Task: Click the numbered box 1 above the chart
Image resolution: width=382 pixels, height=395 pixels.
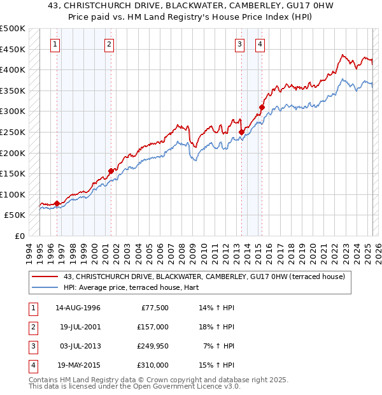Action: coord(56,45)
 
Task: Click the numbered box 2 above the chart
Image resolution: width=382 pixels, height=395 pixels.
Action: coord(110,45)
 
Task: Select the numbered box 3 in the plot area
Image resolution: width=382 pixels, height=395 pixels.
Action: coord(239,45)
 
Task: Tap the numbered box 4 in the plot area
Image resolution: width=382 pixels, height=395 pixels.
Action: coord(260,45)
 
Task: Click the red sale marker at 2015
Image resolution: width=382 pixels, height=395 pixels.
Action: coord(262,107)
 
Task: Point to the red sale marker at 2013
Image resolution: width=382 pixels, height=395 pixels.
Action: coord(241,132)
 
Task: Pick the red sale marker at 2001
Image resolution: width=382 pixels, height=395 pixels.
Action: coord(111,171)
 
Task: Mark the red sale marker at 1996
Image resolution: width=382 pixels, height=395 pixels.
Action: coord(57,203)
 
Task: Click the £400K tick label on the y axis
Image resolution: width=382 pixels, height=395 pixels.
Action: coord(13,69)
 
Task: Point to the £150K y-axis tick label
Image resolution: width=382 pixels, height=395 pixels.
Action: coord(13,173)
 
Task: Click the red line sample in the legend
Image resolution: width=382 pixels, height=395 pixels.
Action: coord(45,276)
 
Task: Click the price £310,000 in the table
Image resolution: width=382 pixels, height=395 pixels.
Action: coord(153,366)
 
